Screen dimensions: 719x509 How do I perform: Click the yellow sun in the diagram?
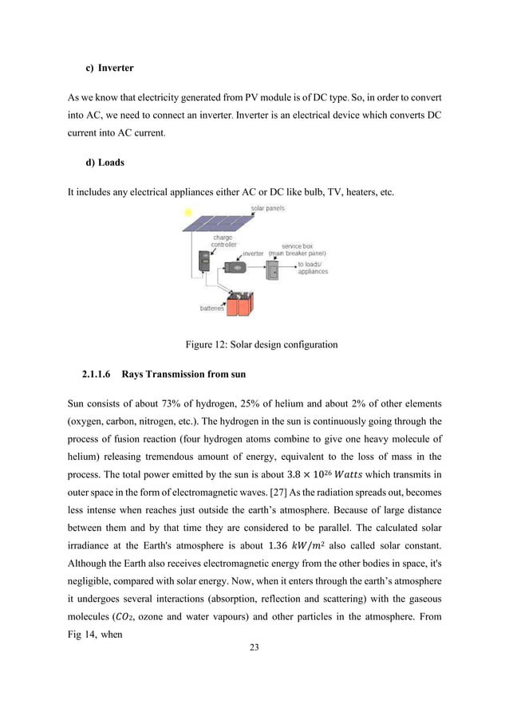[187, 213]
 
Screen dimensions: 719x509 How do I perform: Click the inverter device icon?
[235, 268]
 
